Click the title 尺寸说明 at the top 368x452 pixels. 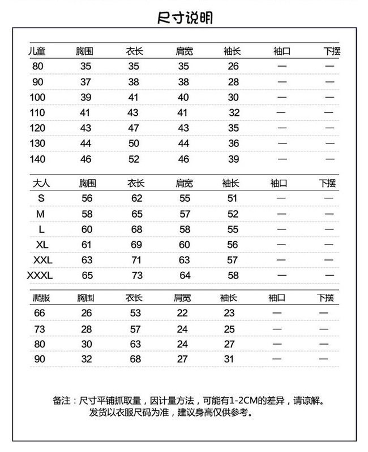[x=185, y=19]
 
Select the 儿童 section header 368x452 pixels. [x=37, y=51]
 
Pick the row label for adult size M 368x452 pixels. [x=40, y=214]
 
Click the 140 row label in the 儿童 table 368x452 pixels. [x=38, y=159]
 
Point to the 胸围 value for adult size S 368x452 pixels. [x=87, y=198]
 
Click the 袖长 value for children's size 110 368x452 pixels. [x=234, y=112]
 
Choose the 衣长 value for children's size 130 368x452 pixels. [x=134, y=144]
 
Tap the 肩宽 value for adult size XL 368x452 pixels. [x=185, y=245]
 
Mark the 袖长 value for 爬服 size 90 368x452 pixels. [x=229, y=359]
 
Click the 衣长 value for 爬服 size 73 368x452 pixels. [x=135, y=329]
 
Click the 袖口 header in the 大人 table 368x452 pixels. [x=279, y=183]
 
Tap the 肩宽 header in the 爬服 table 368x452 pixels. [x=183, y=298]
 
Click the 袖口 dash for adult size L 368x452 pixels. [x=281, y=230]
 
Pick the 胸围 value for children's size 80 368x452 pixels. [x=85, y=66]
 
